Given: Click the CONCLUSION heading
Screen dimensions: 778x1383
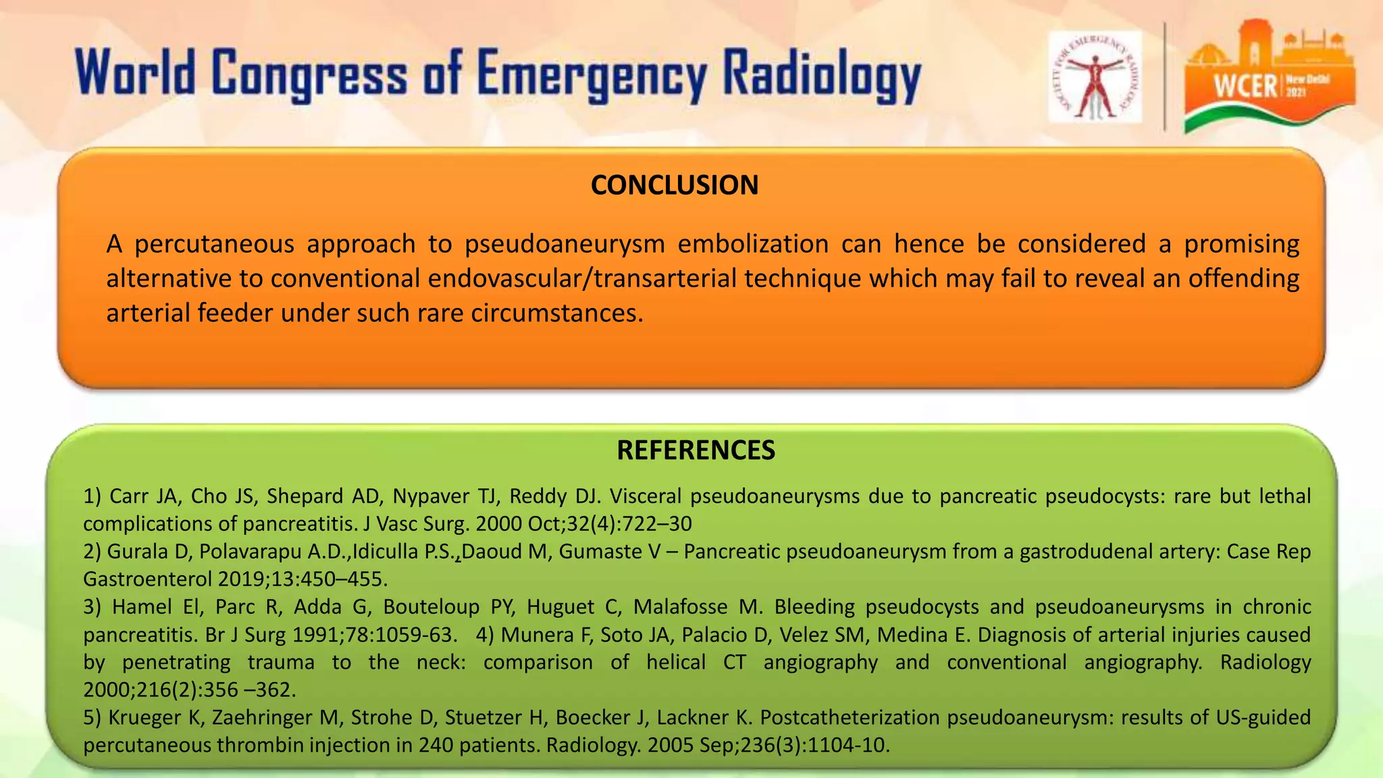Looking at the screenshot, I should [674, 185].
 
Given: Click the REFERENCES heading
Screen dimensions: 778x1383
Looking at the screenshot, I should [696, 450].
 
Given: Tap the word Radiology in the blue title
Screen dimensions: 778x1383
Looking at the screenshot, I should [822, 75].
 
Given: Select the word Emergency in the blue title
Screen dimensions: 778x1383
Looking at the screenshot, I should [592, 75].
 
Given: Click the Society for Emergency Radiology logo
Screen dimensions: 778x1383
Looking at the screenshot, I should [1095, 77].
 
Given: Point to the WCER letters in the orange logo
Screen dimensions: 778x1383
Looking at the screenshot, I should [1245, 86].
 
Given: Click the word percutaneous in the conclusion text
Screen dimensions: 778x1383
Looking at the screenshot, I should [214, 244].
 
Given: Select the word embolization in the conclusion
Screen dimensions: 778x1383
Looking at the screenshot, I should [753, 244].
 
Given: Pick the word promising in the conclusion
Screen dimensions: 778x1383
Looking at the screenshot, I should [1241, 244].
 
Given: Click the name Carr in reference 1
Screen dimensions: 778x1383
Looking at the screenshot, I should [128, 496].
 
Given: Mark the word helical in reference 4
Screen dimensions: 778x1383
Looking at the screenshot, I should [676, 663].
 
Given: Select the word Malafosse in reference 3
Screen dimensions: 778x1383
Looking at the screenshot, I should [679, 607].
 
